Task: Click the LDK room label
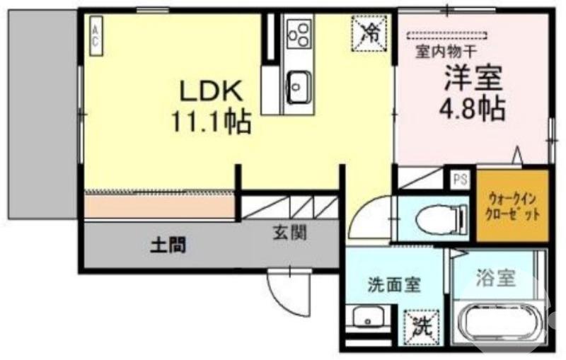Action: point(211,91)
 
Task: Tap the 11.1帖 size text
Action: point(211,123)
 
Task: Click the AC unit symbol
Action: point(95,35)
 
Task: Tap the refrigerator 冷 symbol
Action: point(369,31)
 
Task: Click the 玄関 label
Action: point(289,232)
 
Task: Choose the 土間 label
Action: point(168,245)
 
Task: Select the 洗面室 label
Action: point(393,286)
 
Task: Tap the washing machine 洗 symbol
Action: point(422,327)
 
